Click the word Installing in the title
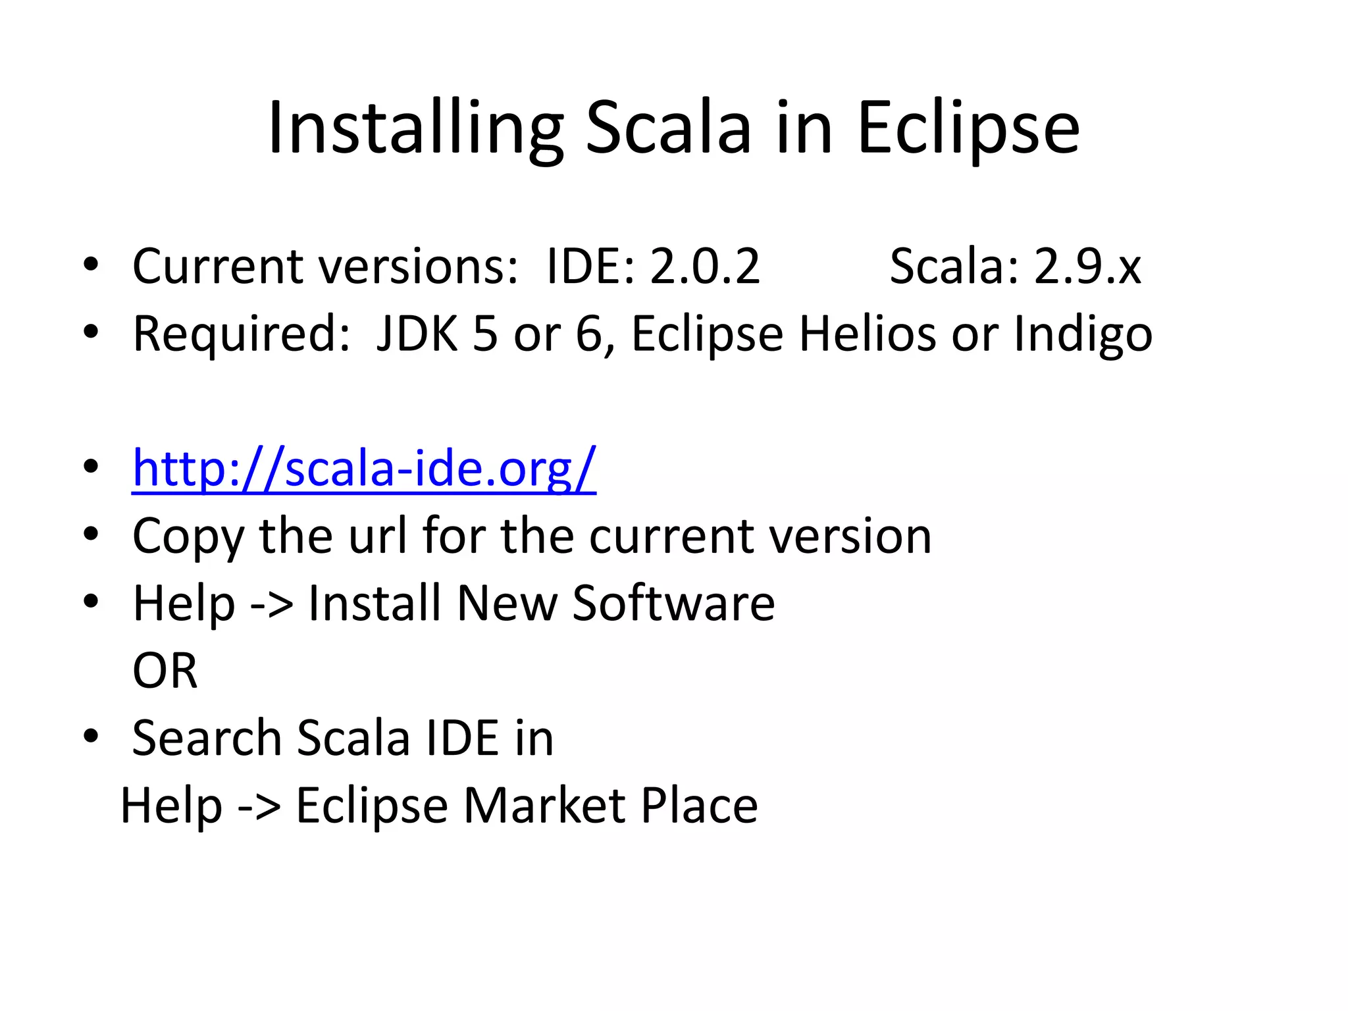(x=415, y=128)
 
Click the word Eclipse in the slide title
(x=968, y=128)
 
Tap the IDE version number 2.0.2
(x=705, y=267)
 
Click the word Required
(x=241, y=334)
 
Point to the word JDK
(x=417, y=334)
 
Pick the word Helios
(x=867, y=334)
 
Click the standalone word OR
(x=165, y=671)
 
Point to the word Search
(x=207, y=739)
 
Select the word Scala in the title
(x=668, y=128)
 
